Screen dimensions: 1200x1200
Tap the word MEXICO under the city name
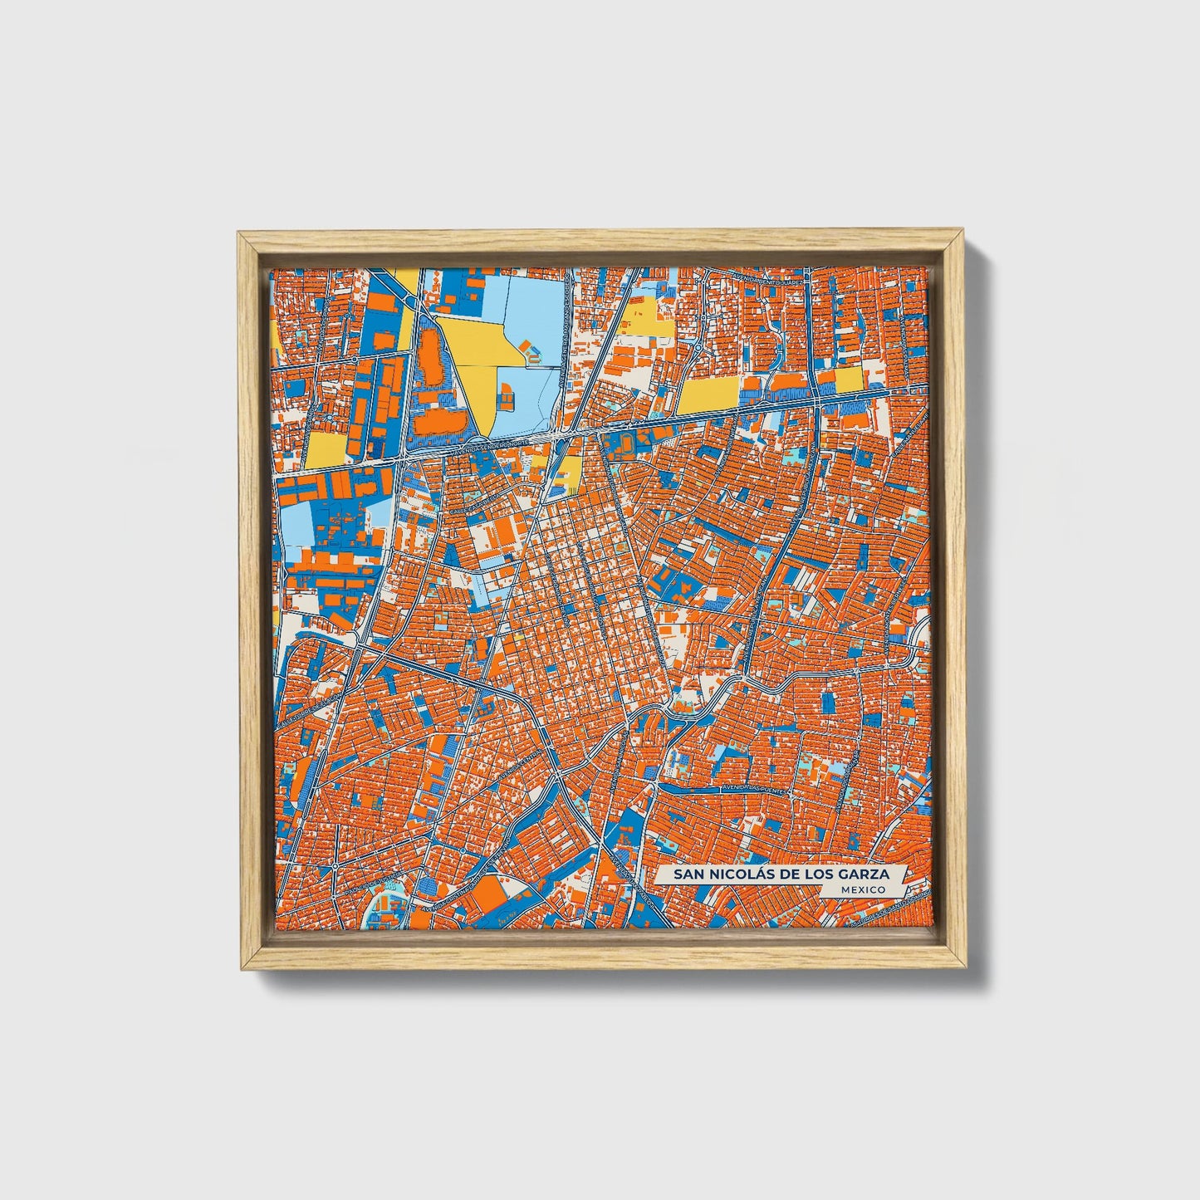862,889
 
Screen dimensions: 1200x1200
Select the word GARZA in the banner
863,874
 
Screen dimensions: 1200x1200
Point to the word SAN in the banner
687,874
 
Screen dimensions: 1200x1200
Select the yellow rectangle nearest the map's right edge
850,380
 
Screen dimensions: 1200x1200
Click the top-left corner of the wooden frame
238,233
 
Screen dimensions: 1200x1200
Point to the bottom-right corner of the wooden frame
966,968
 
